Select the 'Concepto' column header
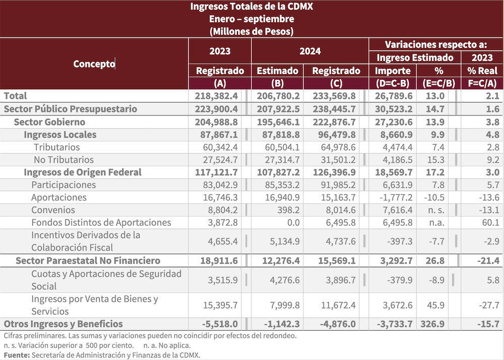pos(94,64)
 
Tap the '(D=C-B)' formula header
pos(394,83)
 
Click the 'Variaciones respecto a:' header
pos(436,44)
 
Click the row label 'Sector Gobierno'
pos(49,122)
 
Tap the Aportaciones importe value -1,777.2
pos(394,198)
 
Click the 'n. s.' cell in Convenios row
pos(436,210)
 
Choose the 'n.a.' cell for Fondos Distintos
pos(436,223)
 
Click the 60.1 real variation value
pos(489,223)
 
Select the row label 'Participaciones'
pos(64,185)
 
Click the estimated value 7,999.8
pos(280,305)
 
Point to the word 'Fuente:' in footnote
pos(16,355)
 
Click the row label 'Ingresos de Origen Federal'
pos(83,172)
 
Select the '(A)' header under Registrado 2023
pos(220,83)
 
